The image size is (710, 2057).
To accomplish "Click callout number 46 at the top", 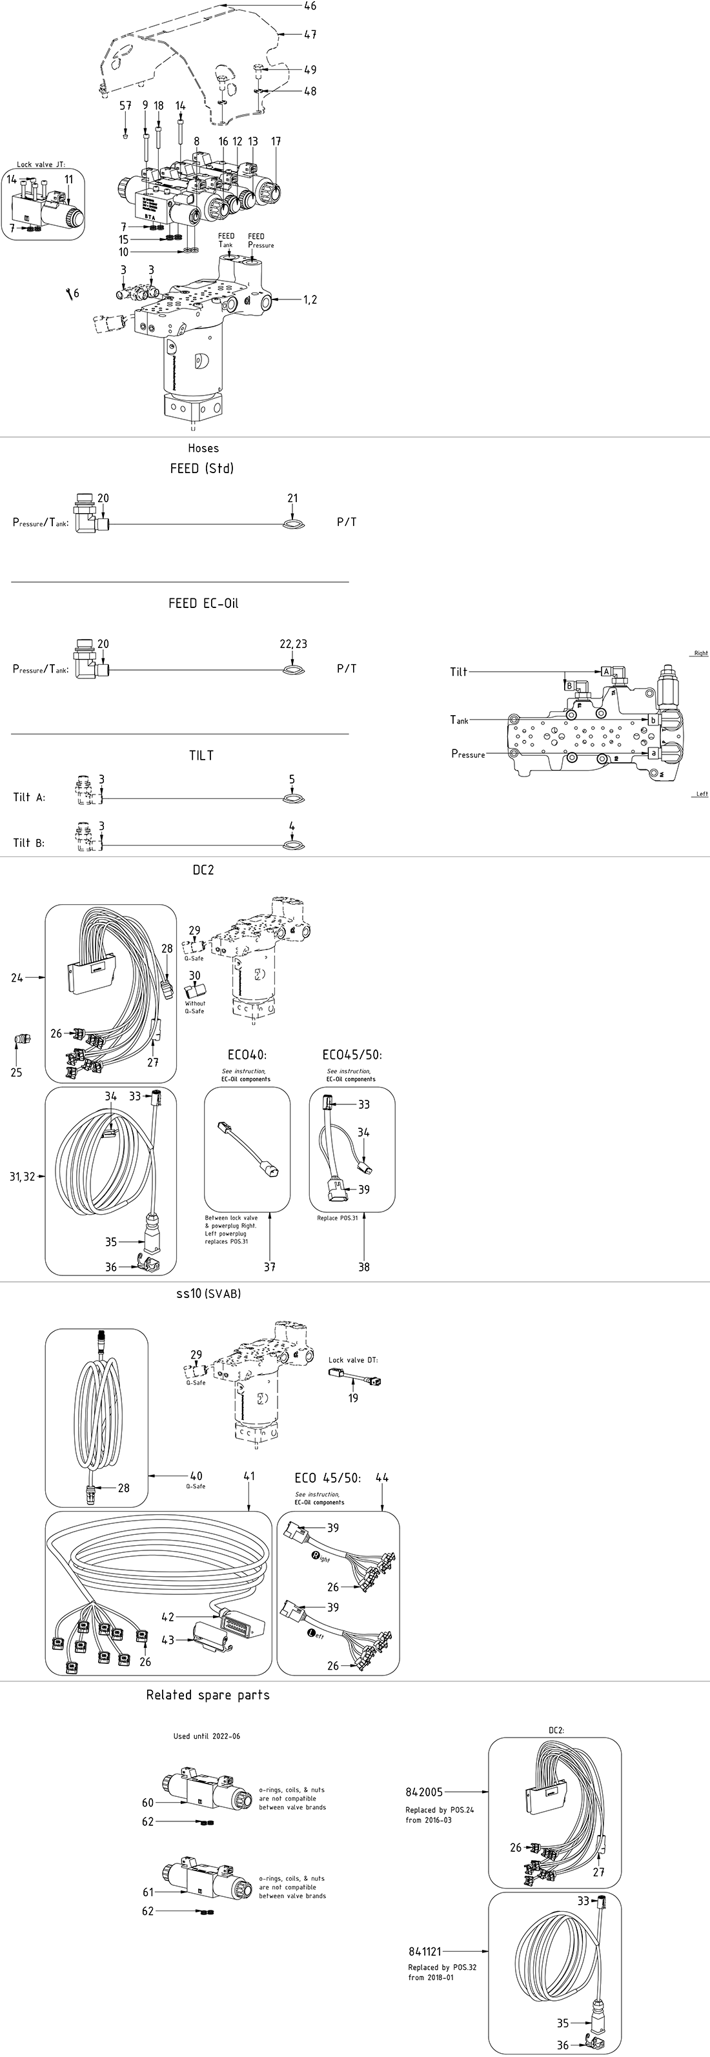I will pos(310,6).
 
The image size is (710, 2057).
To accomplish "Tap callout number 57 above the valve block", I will pos(125,105).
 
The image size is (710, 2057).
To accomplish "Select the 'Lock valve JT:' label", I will pos(41,165).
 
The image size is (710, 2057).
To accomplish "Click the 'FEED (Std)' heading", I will pos(201,469).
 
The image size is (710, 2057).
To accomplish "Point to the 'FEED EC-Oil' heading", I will pos(203,603).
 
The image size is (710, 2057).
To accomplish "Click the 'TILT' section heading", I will pos(201,755).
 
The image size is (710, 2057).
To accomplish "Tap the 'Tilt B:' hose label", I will pos(29,842).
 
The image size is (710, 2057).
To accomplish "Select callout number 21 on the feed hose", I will pos(292,498).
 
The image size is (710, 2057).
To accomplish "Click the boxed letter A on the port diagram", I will pos(607,671).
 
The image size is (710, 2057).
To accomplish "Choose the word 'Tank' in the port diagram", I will pos(459,720).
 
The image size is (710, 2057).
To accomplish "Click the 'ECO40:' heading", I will pos(247,1055).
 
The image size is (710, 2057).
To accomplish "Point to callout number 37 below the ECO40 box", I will pos(270,1266).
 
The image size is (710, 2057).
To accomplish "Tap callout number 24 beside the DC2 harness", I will pos(17,977).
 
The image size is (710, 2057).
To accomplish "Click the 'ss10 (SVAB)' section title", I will pos(208,1293).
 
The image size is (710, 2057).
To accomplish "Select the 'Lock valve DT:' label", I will pos(353,1360).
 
